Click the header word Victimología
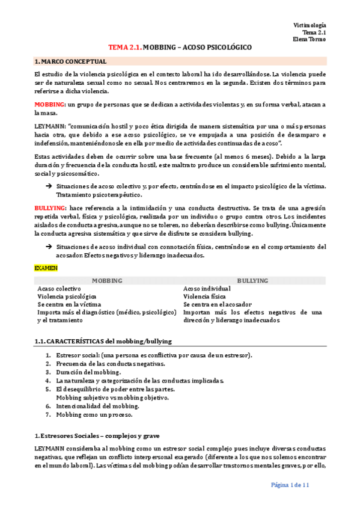pos(310,25)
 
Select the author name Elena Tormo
pos(310,39)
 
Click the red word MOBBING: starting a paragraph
pos(50,105)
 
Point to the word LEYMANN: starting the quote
pos(50,127)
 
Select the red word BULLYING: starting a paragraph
pos(50,207)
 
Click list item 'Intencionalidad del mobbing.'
pos(97,406)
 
